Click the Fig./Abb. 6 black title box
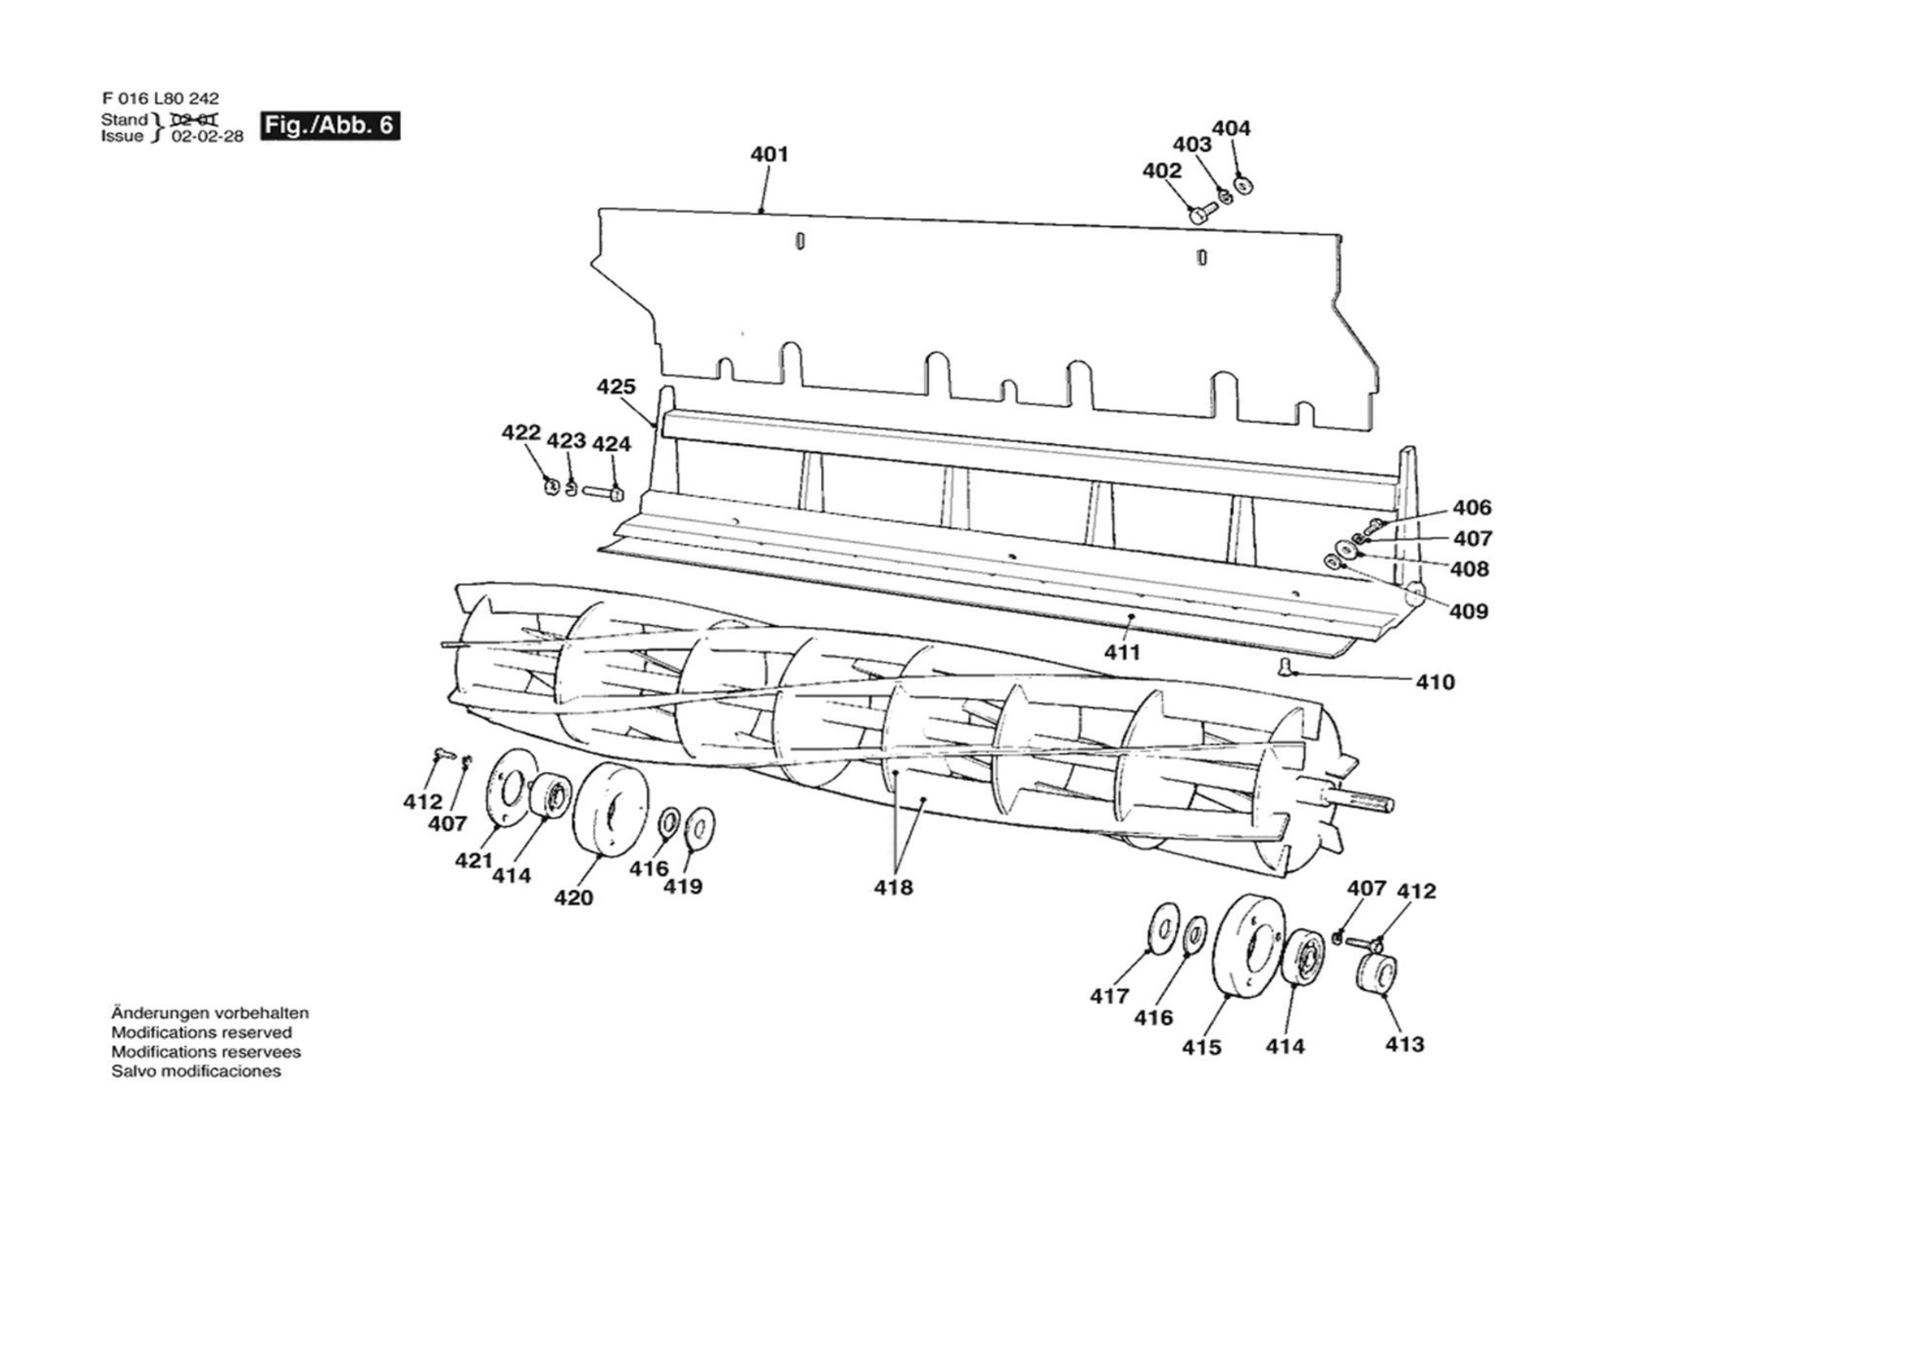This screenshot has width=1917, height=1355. click(x=330, y=125)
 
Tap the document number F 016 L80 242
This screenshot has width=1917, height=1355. click(x=161, y=98)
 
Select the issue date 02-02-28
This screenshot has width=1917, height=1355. click(x=207, y=137)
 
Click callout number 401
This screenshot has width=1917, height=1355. click(x=769, y=154)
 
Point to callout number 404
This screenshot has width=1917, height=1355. click(x=1232, y=129)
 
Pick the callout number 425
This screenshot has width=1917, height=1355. click(x=616, y=386)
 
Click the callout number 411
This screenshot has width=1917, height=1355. click(x=1122, y=652)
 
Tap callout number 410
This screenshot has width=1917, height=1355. click(x=1435, y=682)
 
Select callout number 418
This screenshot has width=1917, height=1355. click(x=893, y=887)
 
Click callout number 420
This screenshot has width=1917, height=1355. click(x=574, y=897)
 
